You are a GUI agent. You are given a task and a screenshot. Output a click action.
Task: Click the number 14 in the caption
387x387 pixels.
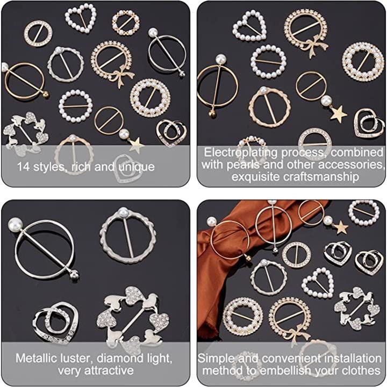click(x=24, y=167)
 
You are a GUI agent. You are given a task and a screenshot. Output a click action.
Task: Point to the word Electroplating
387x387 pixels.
click(x=241, y=153)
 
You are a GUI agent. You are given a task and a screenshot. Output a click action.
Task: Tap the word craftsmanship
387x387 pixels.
click(x=295, y=177)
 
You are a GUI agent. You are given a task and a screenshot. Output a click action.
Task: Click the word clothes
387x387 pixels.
click(x=361, y=370)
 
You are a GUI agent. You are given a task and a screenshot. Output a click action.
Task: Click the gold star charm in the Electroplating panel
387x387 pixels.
click(x=339, y=114)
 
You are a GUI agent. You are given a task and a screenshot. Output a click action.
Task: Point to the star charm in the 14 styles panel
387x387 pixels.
click(x=137, y=145)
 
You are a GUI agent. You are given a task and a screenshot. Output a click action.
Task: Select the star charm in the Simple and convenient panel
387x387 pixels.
click(x=341, y=227)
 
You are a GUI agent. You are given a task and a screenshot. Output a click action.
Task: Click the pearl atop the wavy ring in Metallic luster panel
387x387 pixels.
click(x=123, y=212)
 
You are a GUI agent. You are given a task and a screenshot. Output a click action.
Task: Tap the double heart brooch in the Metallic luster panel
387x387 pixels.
click(x=56, y=324)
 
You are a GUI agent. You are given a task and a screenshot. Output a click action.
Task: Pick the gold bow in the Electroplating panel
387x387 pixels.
click(x=315, y=46)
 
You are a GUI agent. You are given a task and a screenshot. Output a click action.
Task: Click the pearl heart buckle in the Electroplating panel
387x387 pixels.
click(x=249, y=26)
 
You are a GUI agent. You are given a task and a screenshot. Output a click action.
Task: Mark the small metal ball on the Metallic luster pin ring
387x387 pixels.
click(x=75, y=275)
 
